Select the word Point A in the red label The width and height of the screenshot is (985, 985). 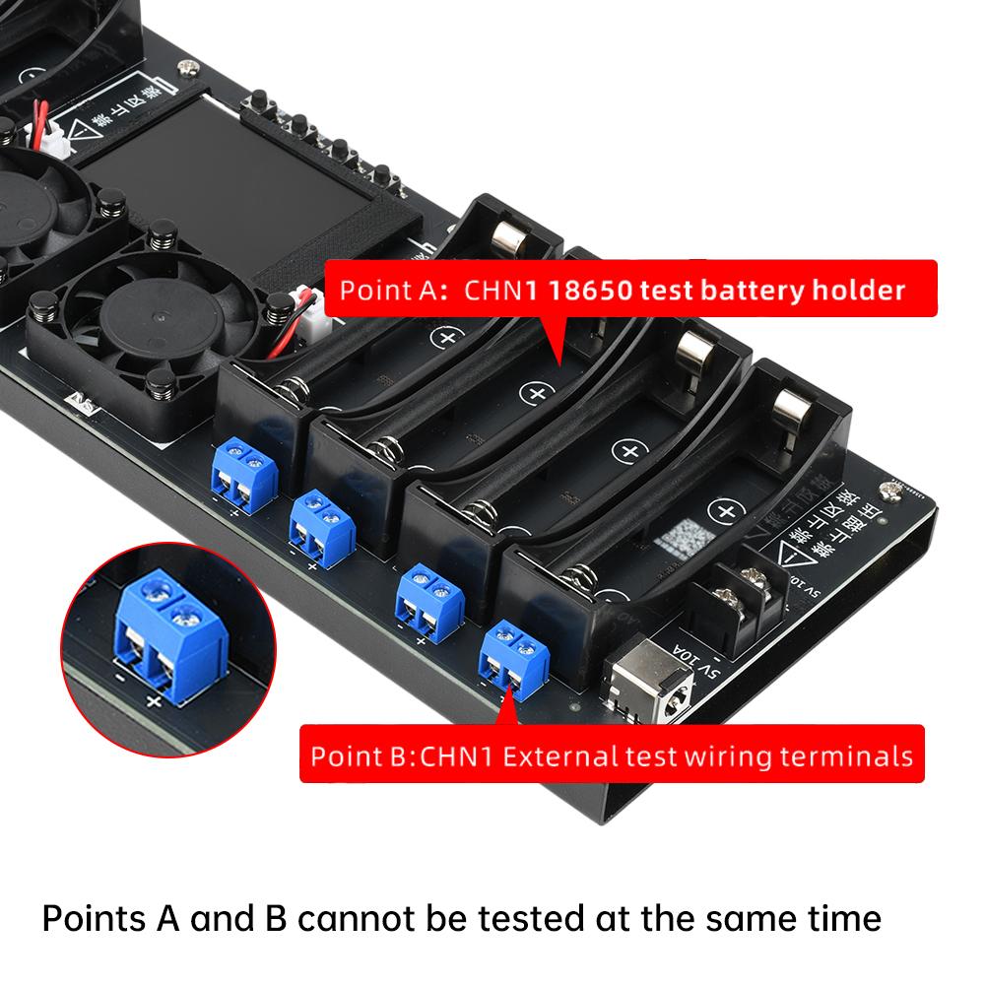(x=386, y=291)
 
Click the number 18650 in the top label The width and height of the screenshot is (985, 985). (x=587, y=291)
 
